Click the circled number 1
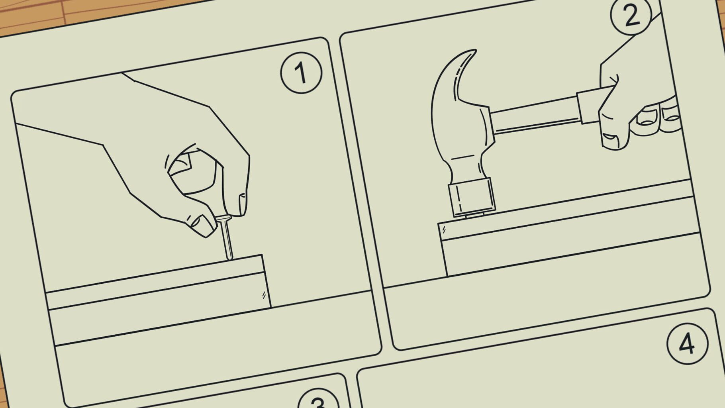pyautogui.click(x=301, y=73)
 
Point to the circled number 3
pyautogui.click(x=318, y=402)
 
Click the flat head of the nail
pyautogui.click(x=223, y=218)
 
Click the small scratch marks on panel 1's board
pyautogui.click(x=263, y=295)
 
